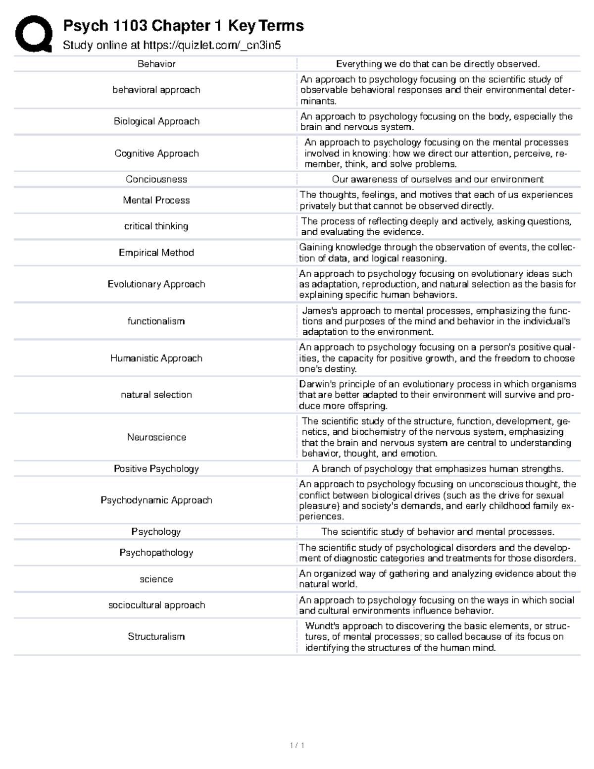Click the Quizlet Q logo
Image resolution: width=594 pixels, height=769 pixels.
coord(34,34)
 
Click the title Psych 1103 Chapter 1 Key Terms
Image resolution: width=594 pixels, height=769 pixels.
coord(183,25)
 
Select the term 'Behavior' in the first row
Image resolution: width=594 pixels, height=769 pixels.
coord(156,64)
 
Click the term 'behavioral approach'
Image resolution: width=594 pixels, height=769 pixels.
coord(156,90)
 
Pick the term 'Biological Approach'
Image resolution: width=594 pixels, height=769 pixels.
coord(156,121)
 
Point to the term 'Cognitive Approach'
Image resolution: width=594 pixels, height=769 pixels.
coord(156,154)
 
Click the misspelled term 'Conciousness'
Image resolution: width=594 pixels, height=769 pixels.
coord(156,179)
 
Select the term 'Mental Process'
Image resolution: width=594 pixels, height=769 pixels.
coord(156,200)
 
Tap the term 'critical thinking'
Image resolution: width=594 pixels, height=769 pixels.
coord(156,226)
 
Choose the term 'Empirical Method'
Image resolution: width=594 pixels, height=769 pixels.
coord(156,253)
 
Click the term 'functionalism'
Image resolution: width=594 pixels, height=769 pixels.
coord(156,321)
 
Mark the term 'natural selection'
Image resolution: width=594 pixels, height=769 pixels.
coord(156,395)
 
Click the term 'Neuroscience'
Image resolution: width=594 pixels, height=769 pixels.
coord(156,437)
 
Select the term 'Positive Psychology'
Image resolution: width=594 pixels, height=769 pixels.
coord(156,468)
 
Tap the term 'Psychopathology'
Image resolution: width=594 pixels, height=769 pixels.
coord(156,553)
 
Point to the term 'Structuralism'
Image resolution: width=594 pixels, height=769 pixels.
coord(156,636)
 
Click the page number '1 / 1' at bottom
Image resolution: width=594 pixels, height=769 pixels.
coord(297,745)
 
